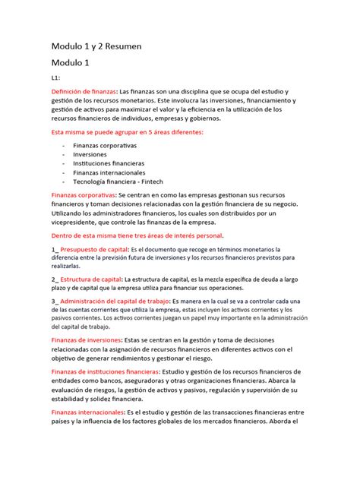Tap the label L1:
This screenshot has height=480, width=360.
pyautogui.click(x=55, y=77)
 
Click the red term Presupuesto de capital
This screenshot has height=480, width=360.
pyautogui.click(x=94, y=249)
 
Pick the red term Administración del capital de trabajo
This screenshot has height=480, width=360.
pyautogui.click(x=128, y=301)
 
